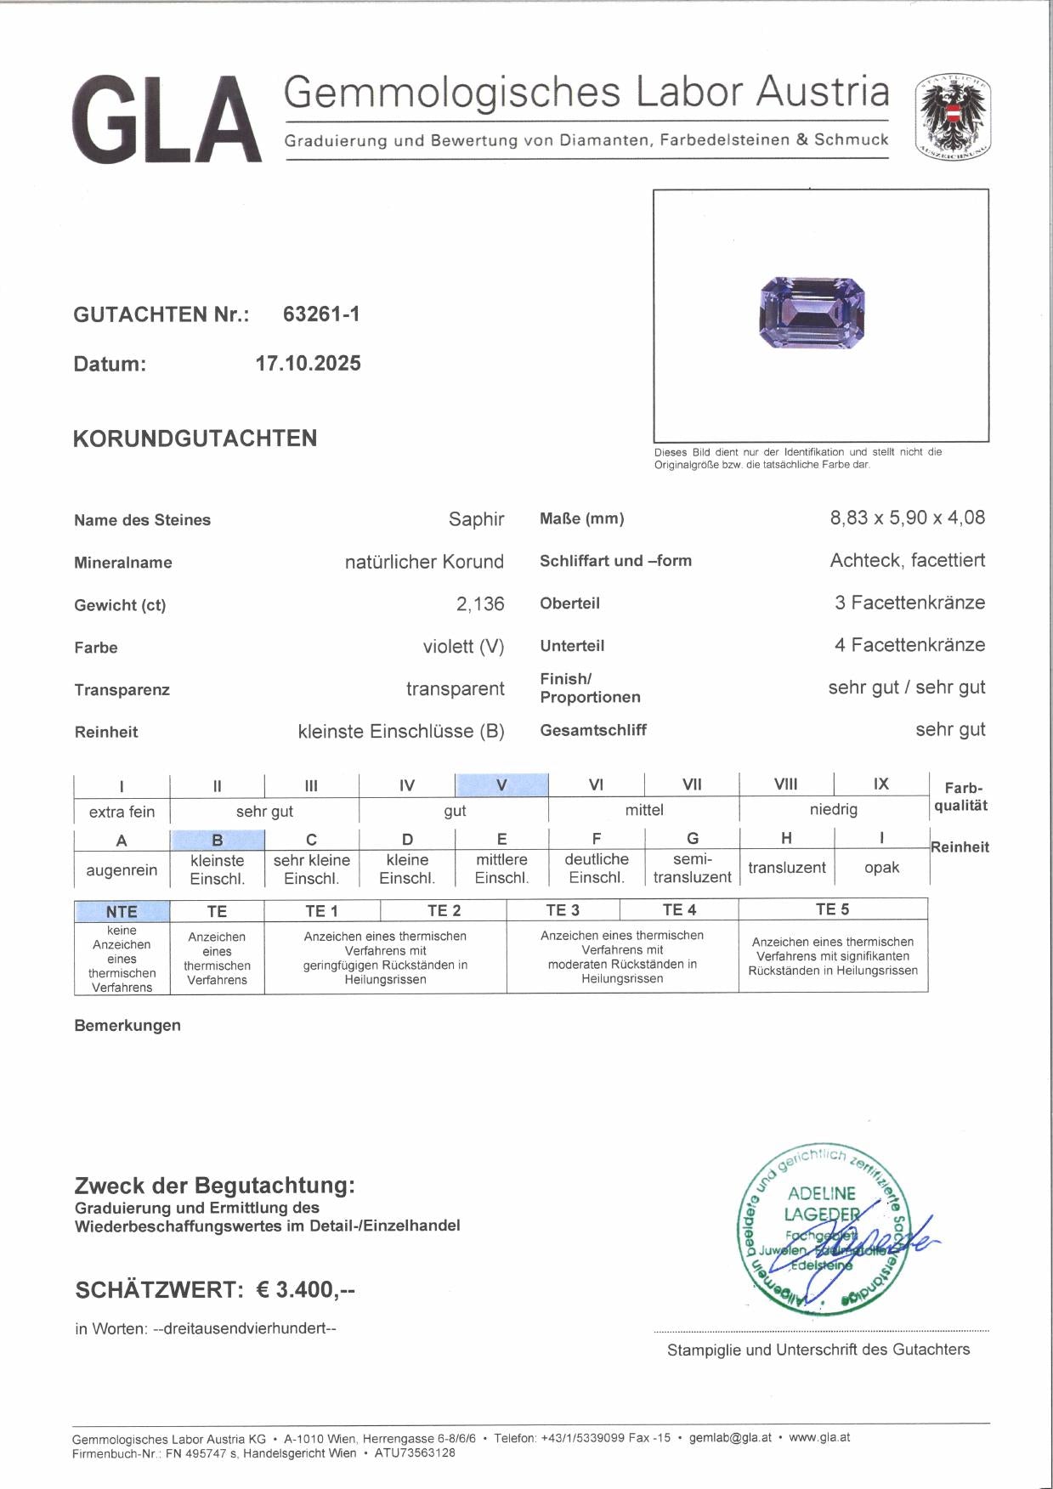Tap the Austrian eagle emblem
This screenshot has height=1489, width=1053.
click(953, 117)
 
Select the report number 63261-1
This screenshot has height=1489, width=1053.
click(321, 314)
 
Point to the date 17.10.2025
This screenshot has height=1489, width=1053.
click(308, 363)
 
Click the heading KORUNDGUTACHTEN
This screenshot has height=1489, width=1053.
click(195, 439)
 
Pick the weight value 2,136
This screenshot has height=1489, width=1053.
click(479, 603)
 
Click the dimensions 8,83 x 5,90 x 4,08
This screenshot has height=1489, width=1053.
click(907, 518)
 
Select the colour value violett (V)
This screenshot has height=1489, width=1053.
click(463, 646)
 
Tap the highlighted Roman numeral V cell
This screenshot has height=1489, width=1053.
click(501, 784)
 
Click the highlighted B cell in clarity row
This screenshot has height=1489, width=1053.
click(217, 840)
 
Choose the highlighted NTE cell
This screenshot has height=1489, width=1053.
click(122, 911)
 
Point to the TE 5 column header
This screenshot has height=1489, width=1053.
click(832, 909)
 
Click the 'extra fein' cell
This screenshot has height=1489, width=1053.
click(122, 811)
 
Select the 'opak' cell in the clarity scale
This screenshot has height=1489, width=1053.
click(881, 867)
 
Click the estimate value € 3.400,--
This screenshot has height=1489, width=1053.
click(305, 1289)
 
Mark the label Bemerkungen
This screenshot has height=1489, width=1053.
click(127, 1025)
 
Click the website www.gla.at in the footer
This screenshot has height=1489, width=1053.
click(818, 1437)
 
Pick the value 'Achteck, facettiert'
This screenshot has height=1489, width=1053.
click(907, 560)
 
